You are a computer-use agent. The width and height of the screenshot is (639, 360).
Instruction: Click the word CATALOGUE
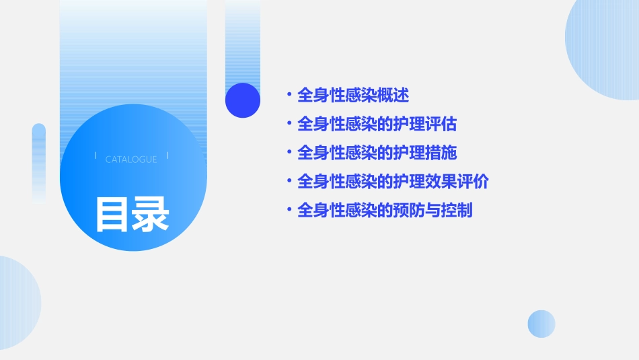click(x=131, y=159)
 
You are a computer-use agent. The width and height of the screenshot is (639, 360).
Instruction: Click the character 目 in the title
click(x=112, y=215)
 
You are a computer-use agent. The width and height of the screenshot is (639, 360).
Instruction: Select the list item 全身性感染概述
click(x=352, y=96)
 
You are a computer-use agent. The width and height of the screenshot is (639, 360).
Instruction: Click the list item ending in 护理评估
click(x=377, y=124)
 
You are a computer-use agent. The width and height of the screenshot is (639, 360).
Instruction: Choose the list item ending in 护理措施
click(x=377, y=153)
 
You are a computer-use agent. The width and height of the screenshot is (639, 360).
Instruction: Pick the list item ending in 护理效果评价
click(x=393, y=182)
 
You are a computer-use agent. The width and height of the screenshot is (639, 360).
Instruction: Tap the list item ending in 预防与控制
click(x=385, y=211)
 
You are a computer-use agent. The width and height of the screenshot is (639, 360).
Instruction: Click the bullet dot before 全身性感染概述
click(x=289, y=96)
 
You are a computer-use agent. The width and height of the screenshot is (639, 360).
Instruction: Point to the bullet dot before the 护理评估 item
click(x=289, y=124)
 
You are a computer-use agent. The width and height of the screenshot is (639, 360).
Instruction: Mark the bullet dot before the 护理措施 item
click(x=289, y=153)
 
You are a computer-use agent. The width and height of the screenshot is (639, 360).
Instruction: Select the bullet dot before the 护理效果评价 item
click(x=289, y=182)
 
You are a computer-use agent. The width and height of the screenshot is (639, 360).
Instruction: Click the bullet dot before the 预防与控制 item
click(x=289, y=211)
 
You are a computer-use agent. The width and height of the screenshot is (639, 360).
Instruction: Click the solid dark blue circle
click(x=243, y=100)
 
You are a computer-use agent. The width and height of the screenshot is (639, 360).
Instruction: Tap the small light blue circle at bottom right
click(x=541, y=324)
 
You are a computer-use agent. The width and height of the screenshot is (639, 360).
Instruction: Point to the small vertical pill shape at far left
click(x=39, y=161)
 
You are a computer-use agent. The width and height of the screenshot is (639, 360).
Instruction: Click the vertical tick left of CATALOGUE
click(x=96, y=156)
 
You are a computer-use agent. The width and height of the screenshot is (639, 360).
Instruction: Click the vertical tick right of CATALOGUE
click(x=167, y=156)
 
